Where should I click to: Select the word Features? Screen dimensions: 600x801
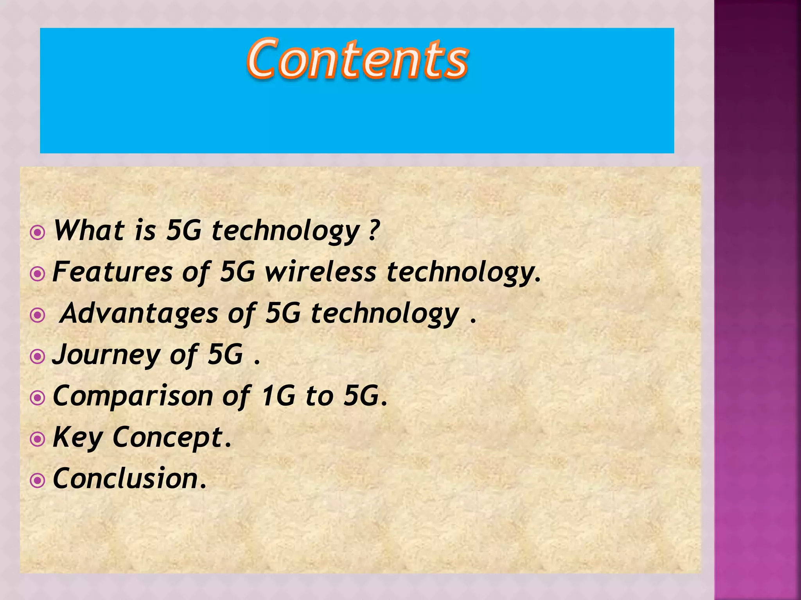point(112,272)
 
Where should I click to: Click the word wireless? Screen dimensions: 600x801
point(320,272)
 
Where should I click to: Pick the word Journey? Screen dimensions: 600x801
point(106,355)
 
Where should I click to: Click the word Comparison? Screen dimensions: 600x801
point(133,396)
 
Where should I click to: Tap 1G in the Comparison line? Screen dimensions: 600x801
point(278,396)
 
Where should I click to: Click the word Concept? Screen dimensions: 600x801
point(168,437)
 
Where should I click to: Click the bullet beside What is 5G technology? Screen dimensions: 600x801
point(38,233)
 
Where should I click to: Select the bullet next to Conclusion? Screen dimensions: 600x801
point(38,481)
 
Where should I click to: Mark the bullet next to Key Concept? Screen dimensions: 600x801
point(38,439)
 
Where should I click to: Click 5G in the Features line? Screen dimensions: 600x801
point(237,272)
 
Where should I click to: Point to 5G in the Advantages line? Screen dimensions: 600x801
point(283,314)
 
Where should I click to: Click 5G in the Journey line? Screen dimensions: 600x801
point(225,355)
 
